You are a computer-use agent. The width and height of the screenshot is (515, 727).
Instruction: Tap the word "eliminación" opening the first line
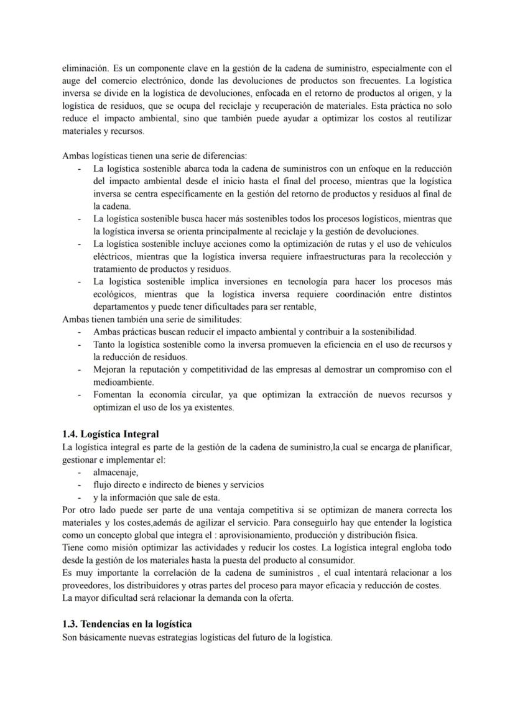tap(84, 67)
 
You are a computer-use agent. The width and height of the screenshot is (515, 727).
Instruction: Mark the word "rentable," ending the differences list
tap(297, 307)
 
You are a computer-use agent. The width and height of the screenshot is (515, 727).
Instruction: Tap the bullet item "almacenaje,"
tap(116, 472)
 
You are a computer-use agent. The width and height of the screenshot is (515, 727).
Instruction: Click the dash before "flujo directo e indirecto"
tap(79, 484)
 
